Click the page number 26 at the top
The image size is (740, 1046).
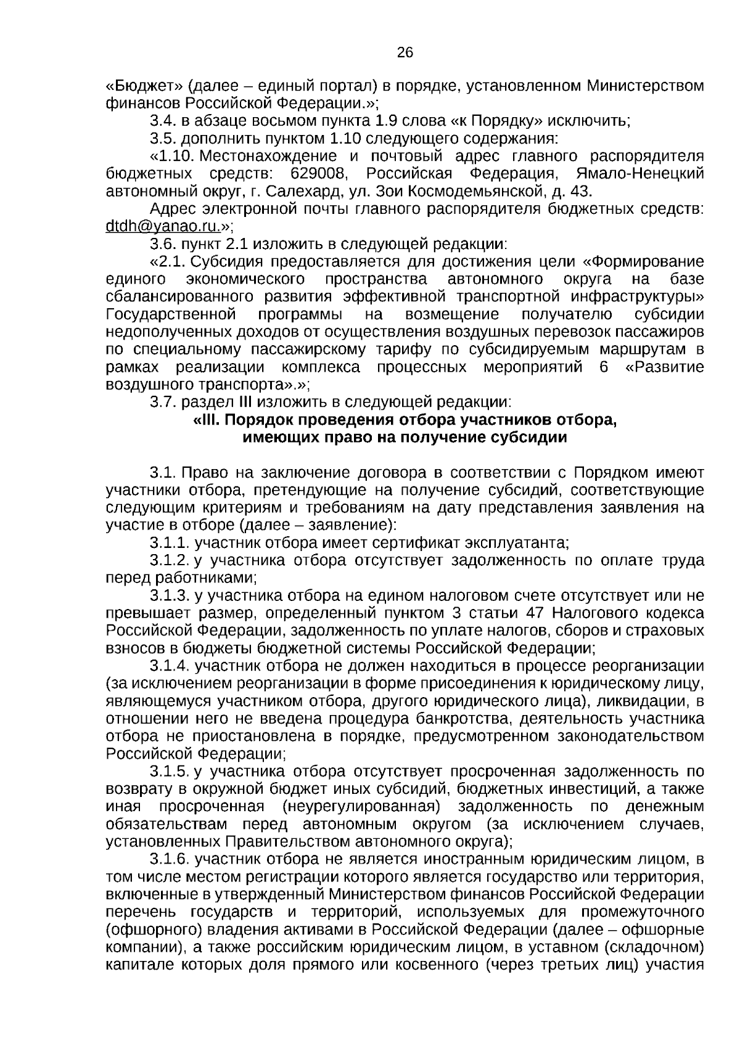405,52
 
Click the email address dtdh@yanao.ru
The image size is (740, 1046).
162,226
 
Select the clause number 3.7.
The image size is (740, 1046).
163,402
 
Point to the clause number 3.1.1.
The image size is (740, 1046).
170,543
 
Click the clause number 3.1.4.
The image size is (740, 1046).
170,666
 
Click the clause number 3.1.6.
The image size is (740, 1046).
170,859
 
